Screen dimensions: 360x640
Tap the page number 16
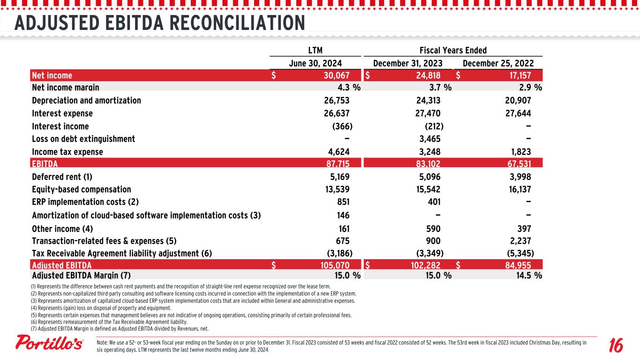point(616,346)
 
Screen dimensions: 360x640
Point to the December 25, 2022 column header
point(498,63)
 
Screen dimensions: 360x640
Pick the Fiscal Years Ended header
point(452,50)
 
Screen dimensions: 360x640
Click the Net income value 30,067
point(334,75)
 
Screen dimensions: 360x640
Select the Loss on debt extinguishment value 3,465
point(428,139)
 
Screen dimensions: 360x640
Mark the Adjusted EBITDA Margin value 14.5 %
point(527,275)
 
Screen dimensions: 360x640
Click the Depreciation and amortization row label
point(86,101)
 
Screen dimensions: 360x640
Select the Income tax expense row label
point(68,152)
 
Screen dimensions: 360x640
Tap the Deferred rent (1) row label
point(62,177)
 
